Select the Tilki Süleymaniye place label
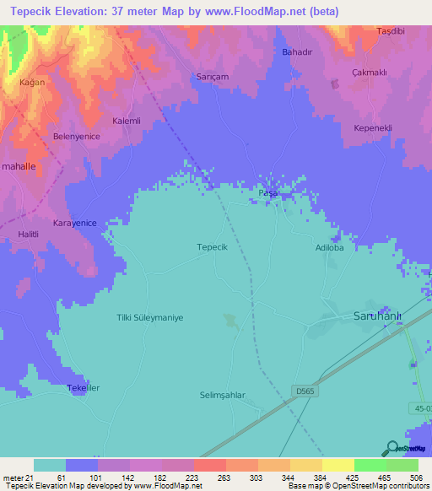pyautogui.click(x=149, y=318)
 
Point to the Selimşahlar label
pyautogui.click(x=223, y=396)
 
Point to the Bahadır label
pyautogui.click(x=296, y=52)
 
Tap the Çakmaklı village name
pyautogui.click(x=369, y=73)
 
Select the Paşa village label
pyautogui.click(x=267, y=193)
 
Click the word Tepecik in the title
pyautogui.click(x=34, y=11)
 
